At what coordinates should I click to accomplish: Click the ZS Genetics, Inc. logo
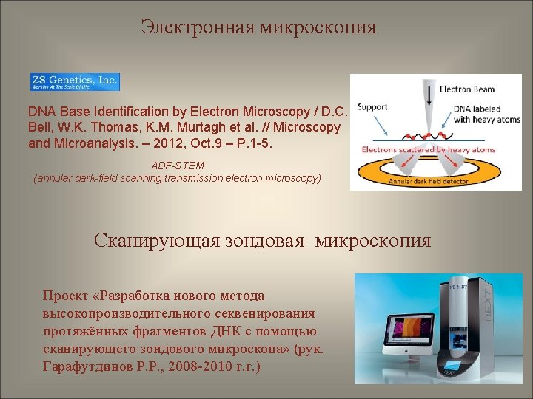(x=74, y=82)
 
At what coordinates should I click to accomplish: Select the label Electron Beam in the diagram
(x=467, y=89)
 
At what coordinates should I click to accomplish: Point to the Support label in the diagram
(x=372, y=107)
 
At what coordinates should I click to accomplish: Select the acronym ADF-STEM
(x=178, y=166)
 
